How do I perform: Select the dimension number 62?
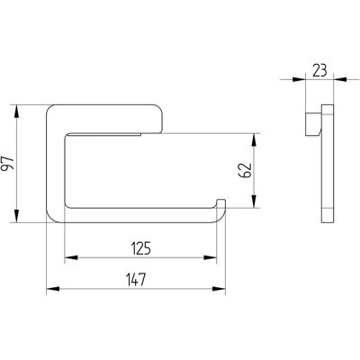click(247, 171)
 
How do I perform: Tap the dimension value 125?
click(141, 248)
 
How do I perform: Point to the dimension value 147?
click(136, 280)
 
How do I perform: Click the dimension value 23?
click(319, 71)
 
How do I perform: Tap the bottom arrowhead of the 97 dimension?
click(16, 216)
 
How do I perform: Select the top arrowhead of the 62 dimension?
click(254, 139)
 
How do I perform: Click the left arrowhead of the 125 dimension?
click(71, 257)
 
